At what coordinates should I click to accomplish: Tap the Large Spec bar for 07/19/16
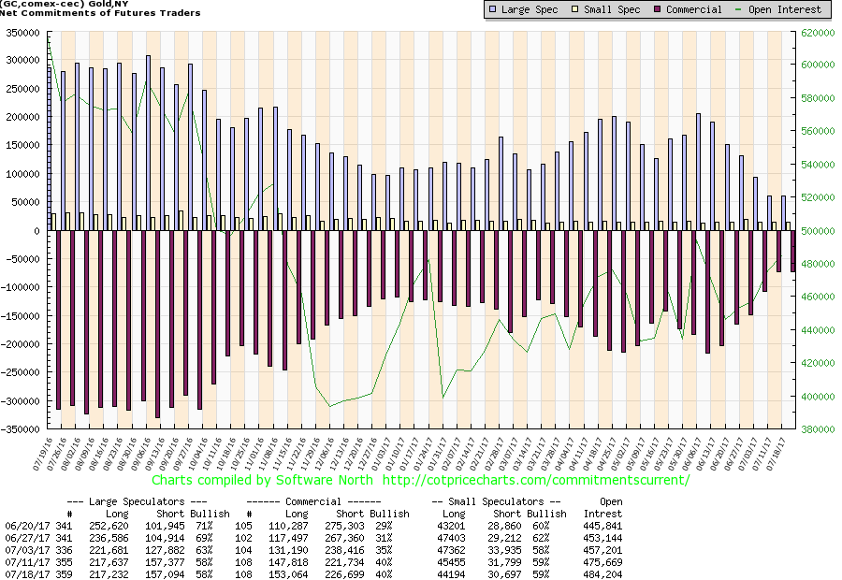[50, 149]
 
